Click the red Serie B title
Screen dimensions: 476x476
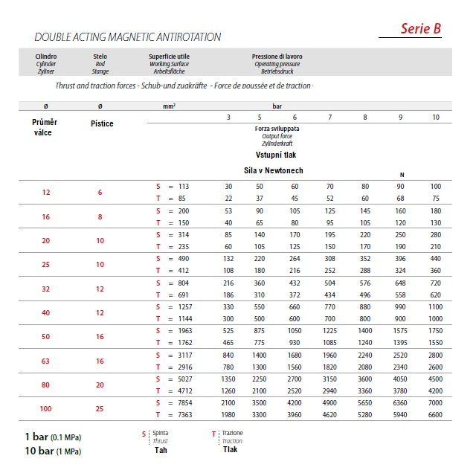[x=421, y=28]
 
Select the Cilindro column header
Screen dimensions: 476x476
[x=46, y=57]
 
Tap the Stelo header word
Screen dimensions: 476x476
[x=100, y=57]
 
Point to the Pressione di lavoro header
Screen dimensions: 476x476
[x=277, y=57]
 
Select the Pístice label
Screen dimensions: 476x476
[x=101, y=123]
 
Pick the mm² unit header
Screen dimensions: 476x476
[x=169, y=107]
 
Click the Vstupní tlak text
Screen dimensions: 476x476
[x=277, y=155]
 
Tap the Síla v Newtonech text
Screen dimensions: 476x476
[x=274, y=170]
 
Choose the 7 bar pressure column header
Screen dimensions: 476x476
[x=329, y=118]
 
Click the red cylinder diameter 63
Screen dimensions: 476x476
[x=46, y=361]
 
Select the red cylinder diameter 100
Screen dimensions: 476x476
[x=46, y=409]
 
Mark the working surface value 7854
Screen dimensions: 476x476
[x=183, y=402]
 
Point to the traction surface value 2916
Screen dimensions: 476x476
[x=183, y=367]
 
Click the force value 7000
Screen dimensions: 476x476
[x=435, y=402]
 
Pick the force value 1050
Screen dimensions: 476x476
[x=295, y=331]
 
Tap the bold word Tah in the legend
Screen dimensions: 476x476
[x=161, y=450]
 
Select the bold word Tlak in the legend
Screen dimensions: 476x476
[x=231, y=449]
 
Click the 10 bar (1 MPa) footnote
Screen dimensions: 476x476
[x=53, y=451]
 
